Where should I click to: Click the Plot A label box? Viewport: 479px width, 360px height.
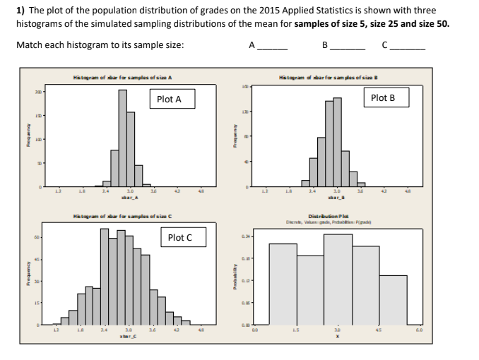pyautogui.click(x=169, y=100)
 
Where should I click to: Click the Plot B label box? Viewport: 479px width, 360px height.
pyautogui.click(x=382, y=97)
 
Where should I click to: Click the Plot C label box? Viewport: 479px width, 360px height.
pyautogui.click(x=179, y=238)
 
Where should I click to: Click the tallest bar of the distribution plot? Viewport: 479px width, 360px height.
pyautogui.click(x=338, y=280)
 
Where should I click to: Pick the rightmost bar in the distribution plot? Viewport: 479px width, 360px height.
pyautogui.click(x=394, y=300)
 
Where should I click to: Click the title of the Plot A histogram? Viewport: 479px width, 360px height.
pyautogui.click(x=123, y=77)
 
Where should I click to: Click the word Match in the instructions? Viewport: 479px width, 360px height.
pyautogui.click(x=29, y=44)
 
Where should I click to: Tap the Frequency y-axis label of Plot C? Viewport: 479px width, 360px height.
pyautogui.click(x=26, y=278)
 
